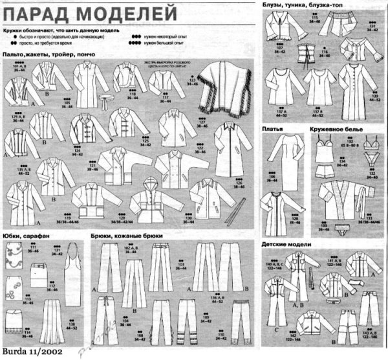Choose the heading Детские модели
click(x=285, y=245)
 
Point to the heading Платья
click(x=272, y=129)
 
